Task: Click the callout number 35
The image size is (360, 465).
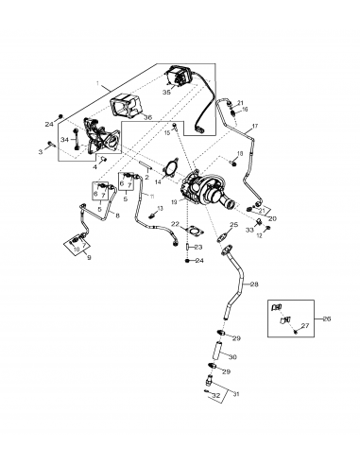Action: click(167, 95)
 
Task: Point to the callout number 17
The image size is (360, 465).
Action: click(255, 126)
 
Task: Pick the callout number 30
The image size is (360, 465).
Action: click(233, 357)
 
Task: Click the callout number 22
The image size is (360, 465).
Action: click(175, 224)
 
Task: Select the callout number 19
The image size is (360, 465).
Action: click(175, 202)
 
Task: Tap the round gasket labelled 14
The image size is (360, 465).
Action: click(171, 173)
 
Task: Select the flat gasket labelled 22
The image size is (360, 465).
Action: click(192, 231)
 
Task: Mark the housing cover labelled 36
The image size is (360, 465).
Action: click(125, 112)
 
